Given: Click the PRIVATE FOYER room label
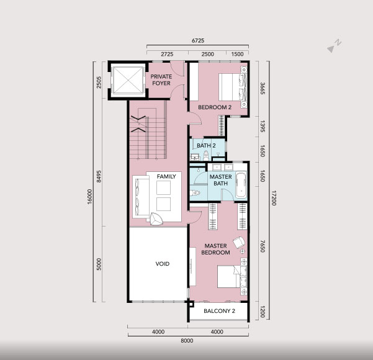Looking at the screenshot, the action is point(161,80).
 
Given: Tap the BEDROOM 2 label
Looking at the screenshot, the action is point(215,107).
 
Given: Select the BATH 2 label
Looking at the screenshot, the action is point(206,146).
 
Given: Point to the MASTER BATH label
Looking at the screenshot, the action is point(220,180).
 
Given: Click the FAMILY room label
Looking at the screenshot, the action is point(166,176).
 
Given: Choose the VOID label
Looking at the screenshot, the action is point(163,264).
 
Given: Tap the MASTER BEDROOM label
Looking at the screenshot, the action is point(215,249).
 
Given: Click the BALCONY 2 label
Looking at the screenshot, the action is point(219,311).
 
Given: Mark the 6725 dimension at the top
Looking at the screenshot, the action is point(198,41).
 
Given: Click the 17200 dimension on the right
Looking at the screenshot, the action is point(274,198).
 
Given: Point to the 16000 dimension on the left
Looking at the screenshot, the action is point(89,197).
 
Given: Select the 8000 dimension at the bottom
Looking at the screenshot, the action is point(187,341).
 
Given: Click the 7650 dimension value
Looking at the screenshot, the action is point(263,246).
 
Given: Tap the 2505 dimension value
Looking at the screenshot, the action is point(99,83).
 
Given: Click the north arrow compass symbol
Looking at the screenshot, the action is point(334,46).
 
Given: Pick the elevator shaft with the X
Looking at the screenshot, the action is point(128,80).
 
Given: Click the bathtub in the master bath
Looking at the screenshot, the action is point(241,185).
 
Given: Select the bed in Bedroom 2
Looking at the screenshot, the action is point(233,87).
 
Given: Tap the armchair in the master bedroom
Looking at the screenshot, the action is point(239,243).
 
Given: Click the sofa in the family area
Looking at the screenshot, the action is point(141,197).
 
